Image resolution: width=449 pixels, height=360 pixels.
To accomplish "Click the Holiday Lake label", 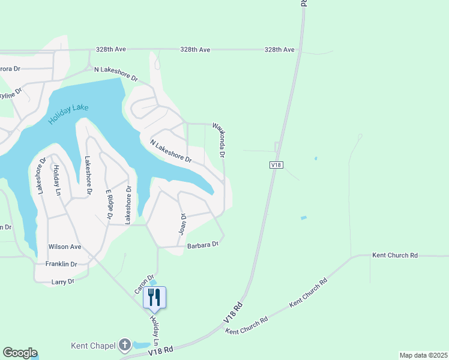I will click(x=68, y=113).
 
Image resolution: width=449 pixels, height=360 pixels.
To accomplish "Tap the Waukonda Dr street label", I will click(x=219, y=140).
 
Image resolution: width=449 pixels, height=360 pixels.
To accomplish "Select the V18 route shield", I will click(x=276, y=164).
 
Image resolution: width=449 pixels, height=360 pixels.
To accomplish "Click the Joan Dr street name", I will click(x=183, y=223).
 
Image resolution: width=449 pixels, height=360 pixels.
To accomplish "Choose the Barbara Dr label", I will click(x=202, y=245).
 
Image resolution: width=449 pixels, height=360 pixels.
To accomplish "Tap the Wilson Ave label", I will click(x=65, y=247).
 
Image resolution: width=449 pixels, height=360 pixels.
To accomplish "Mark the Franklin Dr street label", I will click(x=62, y=264).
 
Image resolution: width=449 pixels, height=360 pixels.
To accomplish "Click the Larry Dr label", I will click(x=62, y=281).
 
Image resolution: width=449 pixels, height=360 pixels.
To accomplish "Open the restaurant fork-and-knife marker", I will click(x=154, y=297).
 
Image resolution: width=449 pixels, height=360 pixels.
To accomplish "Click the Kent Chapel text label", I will click(x=93, y=345).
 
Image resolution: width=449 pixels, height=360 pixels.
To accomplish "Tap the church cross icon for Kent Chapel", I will click(x=124, y=344).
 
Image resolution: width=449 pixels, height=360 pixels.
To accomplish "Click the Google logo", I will click(x=20, y=353).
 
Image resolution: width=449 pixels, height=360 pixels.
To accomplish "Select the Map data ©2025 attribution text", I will click(x=423, y=355).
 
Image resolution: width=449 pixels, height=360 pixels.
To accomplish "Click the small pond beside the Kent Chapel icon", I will click(x=142, y=345).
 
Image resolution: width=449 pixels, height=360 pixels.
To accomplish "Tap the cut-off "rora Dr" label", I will click(x=10, y=68).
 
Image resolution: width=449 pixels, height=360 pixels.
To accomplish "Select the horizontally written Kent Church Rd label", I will click(x=394, y=255).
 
